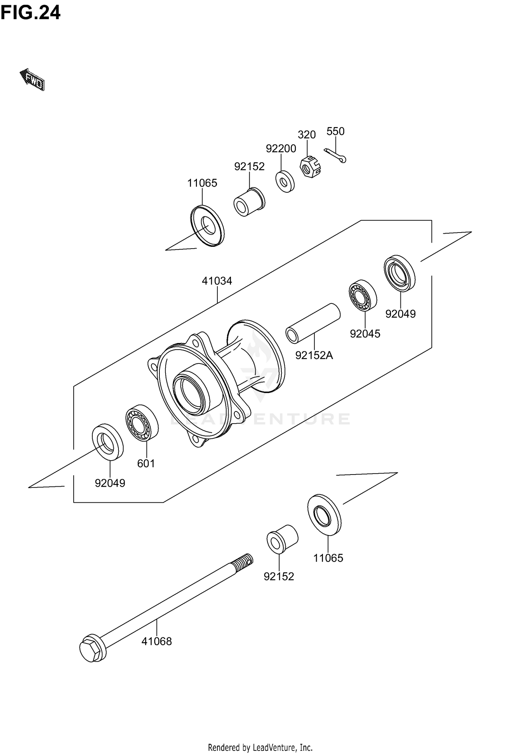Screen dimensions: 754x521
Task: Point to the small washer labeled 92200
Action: pos(285,181)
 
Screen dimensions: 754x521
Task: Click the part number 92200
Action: pos(281,149)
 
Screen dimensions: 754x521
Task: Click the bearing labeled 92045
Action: pos(363,295)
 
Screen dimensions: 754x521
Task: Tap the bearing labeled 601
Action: pos(142,423)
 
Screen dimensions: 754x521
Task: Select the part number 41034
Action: pos(217,280)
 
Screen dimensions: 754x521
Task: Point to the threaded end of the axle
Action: pos(243,563)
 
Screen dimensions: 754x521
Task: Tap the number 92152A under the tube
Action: pos(314,355)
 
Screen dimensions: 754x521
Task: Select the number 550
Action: pos(335,131)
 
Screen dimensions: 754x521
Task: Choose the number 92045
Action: pos(365,334)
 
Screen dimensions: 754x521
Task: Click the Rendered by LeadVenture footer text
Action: pos(260,747)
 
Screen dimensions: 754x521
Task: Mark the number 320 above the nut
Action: pos(307,135)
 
